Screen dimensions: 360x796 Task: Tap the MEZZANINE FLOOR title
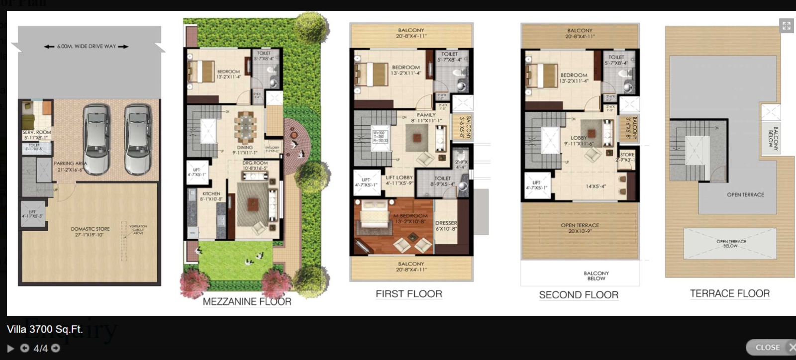[x=247, y=302]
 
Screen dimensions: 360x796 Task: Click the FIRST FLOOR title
[x=408, y=294]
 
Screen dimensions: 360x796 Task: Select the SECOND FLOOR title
[x=579, y=295]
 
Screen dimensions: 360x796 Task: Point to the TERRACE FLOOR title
[x=729, y=294]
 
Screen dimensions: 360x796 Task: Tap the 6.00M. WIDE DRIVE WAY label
[x=86, y=46]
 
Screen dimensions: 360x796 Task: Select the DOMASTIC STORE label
[x=90, y=232]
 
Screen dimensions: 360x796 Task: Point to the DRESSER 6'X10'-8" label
[x=446, y=226]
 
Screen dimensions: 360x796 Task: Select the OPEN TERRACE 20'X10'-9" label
[x=580, y=228]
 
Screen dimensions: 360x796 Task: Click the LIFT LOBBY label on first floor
[x=399, y=180]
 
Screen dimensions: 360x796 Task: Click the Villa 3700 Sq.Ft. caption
[x=45, y=329]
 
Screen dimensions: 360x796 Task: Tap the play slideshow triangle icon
[x=10, y=349]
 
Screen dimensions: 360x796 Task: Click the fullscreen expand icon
[x=786, y=26]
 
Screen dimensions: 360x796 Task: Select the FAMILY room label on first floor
[x=426, y=117]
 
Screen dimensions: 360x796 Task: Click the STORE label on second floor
[x=627, y=157]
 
